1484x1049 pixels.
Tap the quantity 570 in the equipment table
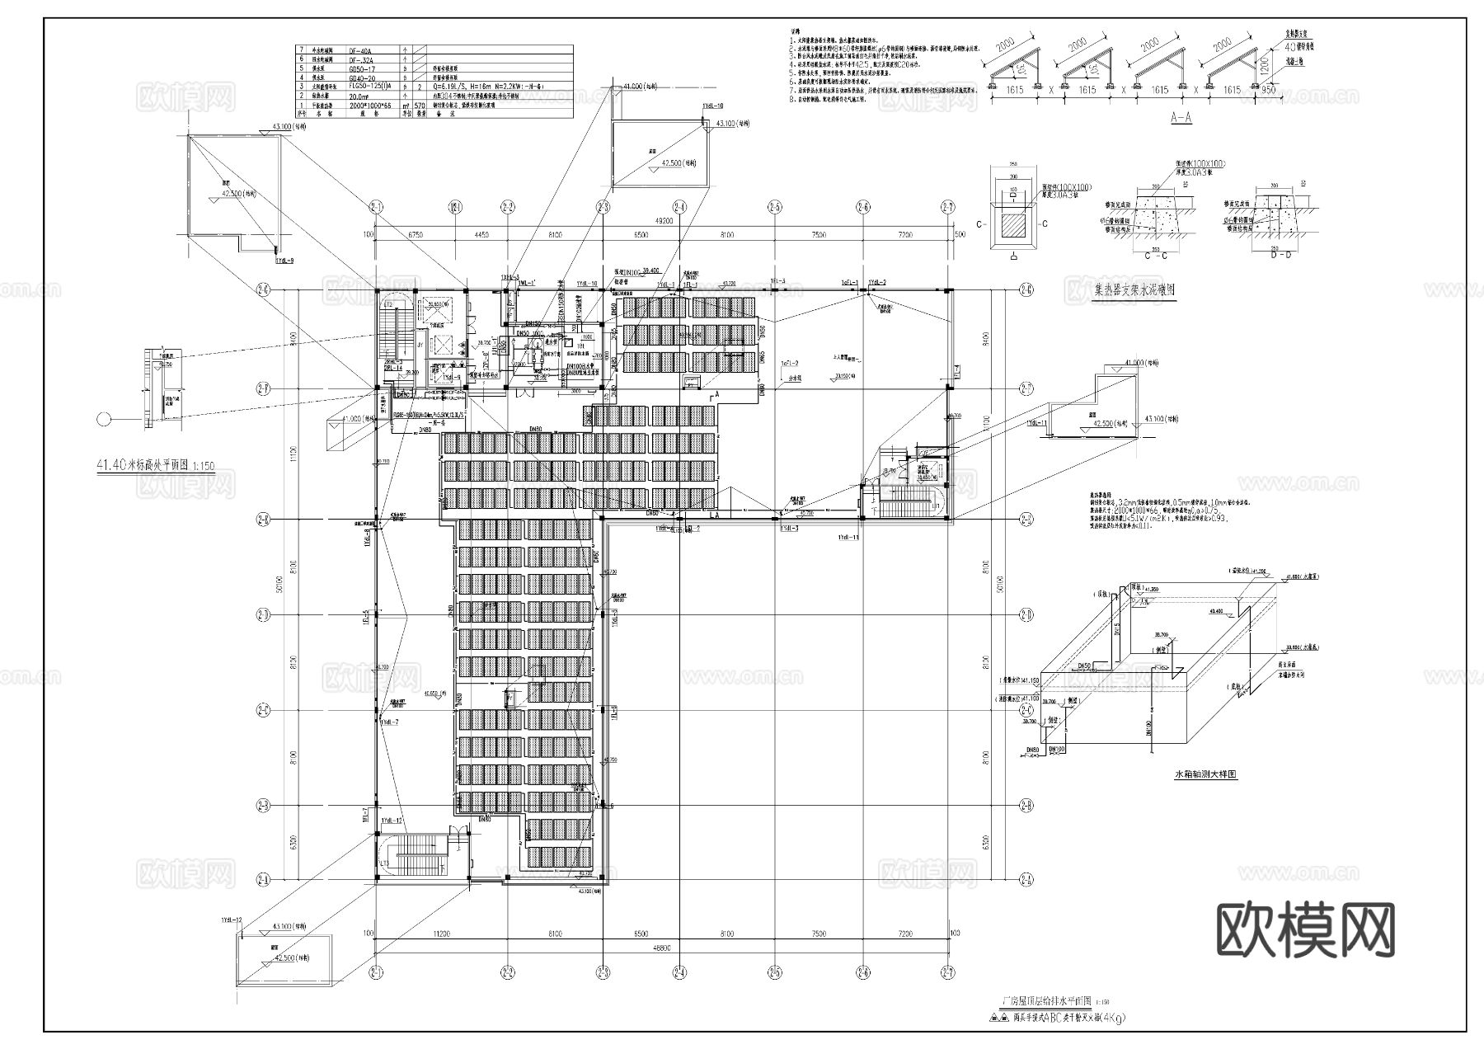tap(419, 106)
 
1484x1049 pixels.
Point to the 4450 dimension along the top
tap(481, 235)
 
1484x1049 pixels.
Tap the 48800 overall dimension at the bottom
tap(660, 948)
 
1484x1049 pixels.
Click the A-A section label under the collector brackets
tap(1181, 118)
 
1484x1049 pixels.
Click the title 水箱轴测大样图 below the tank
tap(1205, 775)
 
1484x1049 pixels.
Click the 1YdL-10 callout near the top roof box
tap(712, 106)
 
